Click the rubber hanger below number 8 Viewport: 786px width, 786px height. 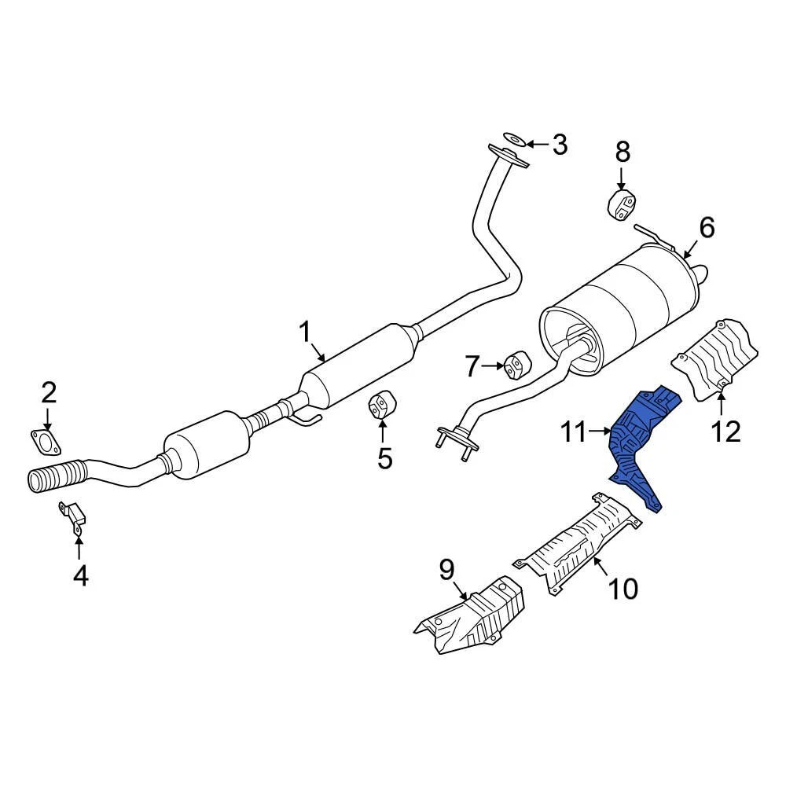622,203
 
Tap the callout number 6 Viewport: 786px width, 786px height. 707,228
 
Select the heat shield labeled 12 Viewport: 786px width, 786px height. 714,359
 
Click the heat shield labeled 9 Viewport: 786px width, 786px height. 471,617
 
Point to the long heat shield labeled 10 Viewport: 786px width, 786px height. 576,543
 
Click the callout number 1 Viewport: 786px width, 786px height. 305,332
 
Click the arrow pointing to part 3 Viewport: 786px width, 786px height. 538,145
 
